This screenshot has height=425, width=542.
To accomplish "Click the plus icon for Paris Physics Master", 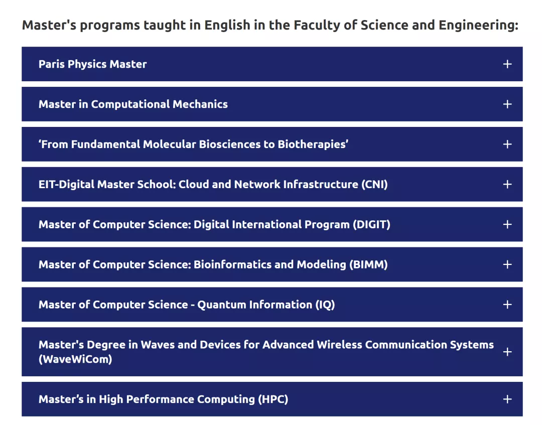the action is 507,64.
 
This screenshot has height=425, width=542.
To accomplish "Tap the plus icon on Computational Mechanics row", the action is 507,104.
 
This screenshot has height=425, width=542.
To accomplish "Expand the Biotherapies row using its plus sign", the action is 507,144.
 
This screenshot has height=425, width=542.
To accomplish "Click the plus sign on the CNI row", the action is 507,184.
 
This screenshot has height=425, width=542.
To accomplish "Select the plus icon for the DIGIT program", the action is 507,224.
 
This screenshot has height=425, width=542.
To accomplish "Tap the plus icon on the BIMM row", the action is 507,264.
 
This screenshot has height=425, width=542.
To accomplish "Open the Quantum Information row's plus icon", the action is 507,305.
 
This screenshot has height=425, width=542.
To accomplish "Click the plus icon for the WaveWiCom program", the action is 507,352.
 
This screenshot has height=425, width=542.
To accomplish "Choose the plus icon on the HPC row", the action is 507,399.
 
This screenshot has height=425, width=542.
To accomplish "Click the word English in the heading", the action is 227,26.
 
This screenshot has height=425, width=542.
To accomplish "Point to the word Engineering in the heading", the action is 478,26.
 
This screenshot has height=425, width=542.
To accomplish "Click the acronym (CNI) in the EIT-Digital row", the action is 374,185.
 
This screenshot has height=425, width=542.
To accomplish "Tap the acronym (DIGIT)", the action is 371,225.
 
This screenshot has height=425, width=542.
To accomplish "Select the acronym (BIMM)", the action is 368,264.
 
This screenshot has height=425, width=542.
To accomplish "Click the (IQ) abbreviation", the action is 325,305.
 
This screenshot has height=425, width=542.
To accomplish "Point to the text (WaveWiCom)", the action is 75,359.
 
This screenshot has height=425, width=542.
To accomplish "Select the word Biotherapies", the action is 313,145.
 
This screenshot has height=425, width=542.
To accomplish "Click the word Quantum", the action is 220,305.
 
